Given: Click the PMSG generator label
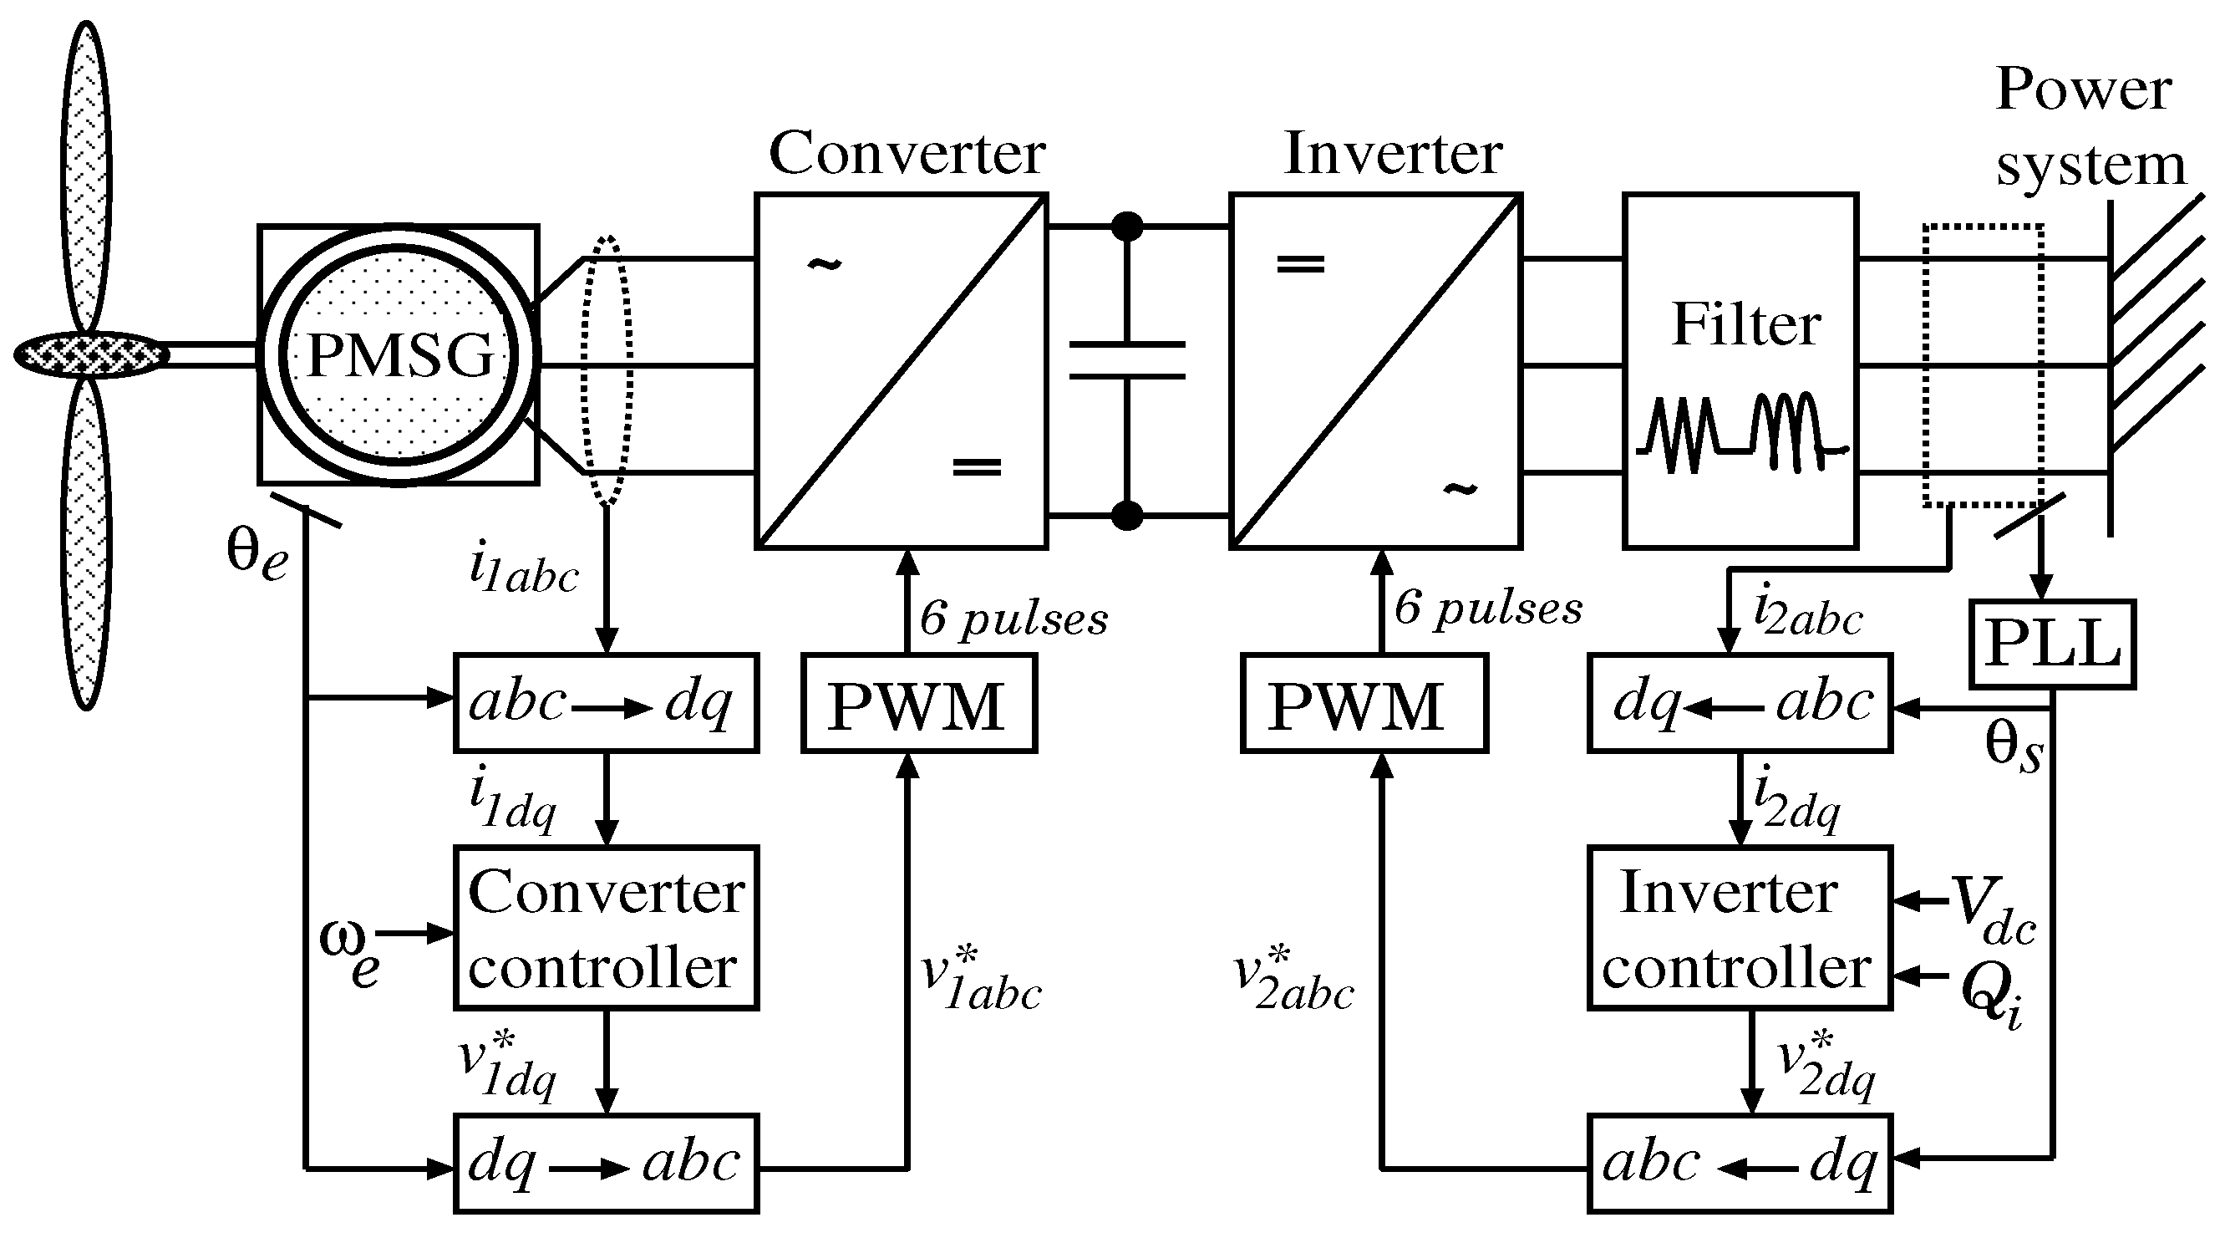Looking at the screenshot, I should [399, 355].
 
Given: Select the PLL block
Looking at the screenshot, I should [2051, 644].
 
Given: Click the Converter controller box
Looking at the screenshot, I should [606, 928].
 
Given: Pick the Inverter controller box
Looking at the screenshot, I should [1739, 928].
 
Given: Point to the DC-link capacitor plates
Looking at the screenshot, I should [1126, 360].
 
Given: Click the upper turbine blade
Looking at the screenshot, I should [86, 173].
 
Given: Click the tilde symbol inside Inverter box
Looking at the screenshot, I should [1460, 490].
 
